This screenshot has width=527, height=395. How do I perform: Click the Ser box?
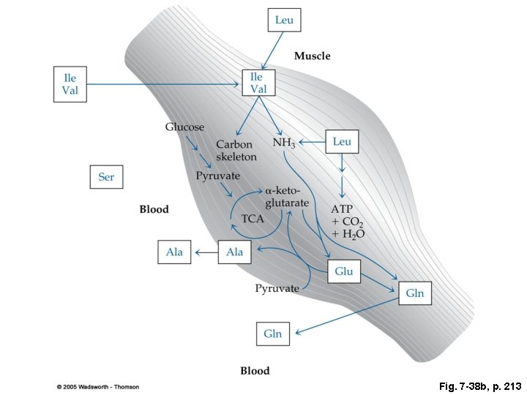pyautogui.click(x=106, y=177)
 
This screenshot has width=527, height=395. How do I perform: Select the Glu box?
pyautogui.click(x=344, y=271)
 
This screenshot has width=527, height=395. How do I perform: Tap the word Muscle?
pyautogui.click(x=312, y=56)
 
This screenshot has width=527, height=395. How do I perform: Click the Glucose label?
pyautogui.click(x=184, y=127)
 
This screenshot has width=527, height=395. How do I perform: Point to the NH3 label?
pyautogui.click(x=284, y=143)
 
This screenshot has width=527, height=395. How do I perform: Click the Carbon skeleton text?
pyautogui.click(x=236, y=151)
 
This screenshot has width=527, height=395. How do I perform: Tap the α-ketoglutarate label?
pyautogui.click(x=287, y=196)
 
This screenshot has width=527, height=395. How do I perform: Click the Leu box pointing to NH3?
pyautogui.click(x=342, y=141)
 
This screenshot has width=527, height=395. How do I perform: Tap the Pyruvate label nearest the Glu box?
pyautogui.click(x=277, y=288)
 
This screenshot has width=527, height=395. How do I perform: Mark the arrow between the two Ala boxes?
pyautogui.click(x=205, y=253)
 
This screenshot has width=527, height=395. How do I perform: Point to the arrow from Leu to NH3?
pyautogui.click(x=310, y=142)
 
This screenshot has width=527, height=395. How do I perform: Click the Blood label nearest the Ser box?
pyautogui.click(x=154, y=209)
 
